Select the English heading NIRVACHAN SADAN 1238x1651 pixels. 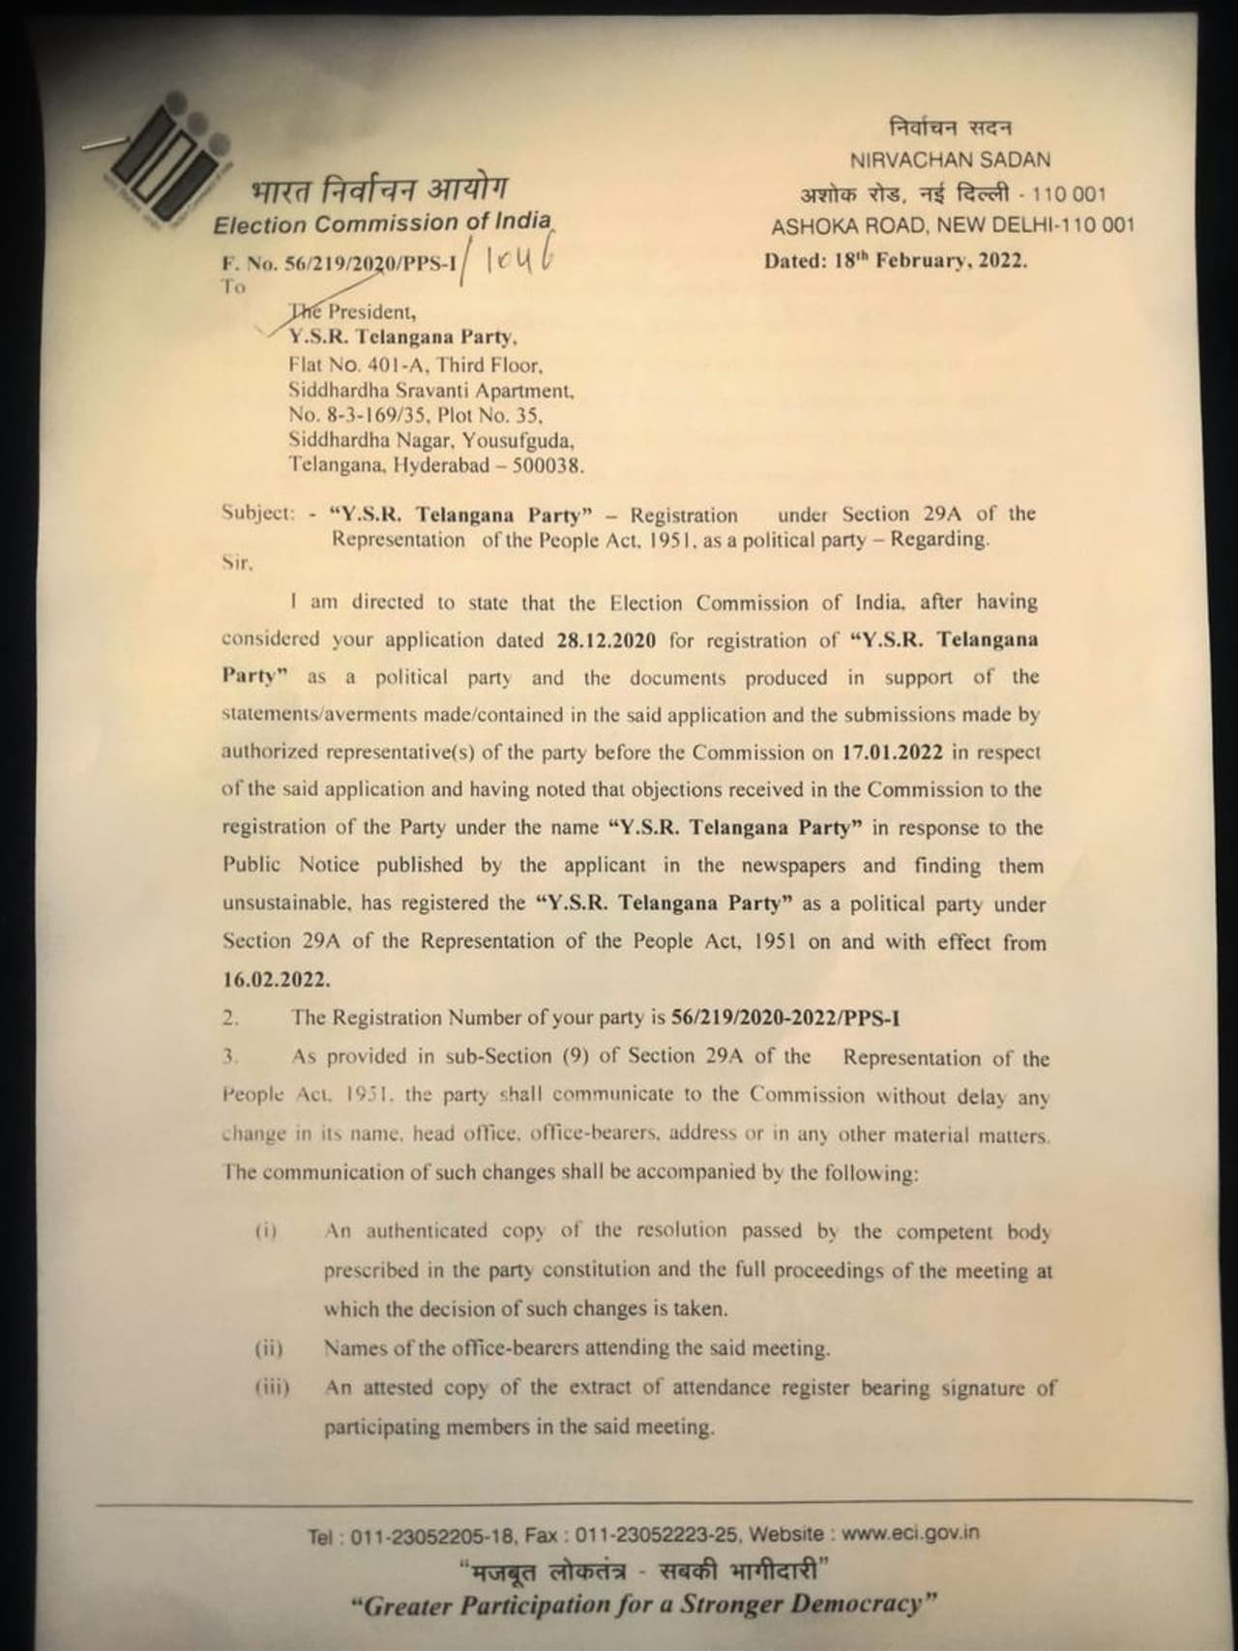click(x=950, y=161)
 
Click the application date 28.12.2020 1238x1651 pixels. click(x=606, y=640)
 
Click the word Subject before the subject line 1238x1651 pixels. click(x=256, y=514)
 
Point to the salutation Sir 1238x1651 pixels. click(x=236, y=564)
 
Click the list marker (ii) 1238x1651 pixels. click(x=269, y=1348)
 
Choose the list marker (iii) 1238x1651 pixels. click(x=272, y=1388)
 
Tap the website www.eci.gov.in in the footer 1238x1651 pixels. click(x=910, y=1533)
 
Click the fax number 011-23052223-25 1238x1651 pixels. click(x=658, y=1535)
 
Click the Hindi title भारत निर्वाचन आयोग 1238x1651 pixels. click(x=378, y=187)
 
